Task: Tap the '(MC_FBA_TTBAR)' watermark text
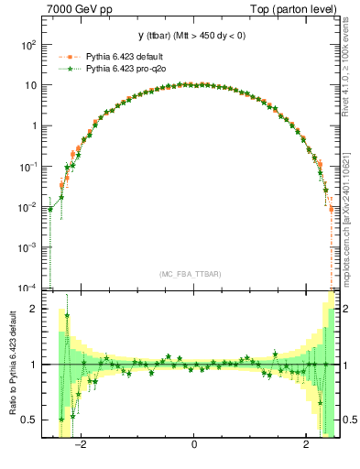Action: pos(193,273)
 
